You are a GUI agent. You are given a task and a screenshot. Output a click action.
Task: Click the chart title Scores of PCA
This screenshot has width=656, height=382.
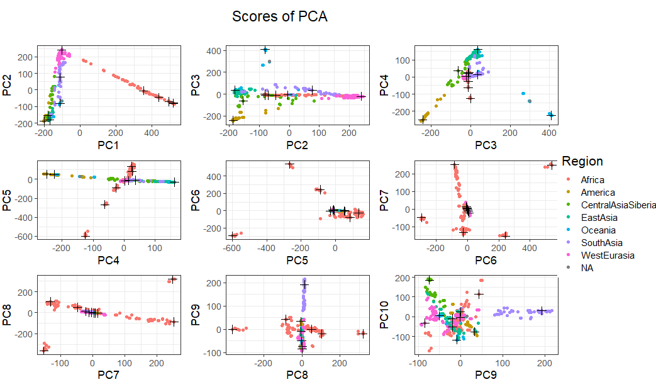point(279,16)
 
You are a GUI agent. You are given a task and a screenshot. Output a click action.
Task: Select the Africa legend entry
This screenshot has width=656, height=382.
point(592,180)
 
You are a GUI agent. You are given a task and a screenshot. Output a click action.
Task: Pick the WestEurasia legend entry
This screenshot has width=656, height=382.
point(607,256)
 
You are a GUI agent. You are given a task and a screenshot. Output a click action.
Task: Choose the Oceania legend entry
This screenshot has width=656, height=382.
point(598,230)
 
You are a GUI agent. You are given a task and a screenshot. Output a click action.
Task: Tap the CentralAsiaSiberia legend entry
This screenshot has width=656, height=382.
point(618,205)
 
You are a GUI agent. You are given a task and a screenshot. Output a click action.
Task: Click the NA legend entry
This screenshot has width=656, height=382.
point(587,268)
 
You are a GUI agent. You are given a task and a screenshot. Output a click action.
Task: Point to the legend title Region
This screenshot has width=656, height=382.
point(582,161)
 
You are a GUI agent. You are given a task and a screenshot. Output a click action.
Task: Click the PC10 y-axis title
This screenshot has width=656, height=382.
point(384,313)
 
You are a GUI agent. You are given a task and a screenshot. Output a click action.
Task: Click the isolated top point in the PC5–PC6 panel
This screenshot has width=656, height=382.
point(290,165)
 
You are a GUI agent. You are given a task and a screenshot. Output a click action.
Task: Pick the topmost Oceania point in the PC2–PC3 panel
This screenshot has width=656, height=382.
point(265,50)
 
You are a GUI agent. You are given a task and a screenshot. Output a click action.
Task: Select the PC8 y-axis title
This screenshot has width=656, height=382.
point(7,313)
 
